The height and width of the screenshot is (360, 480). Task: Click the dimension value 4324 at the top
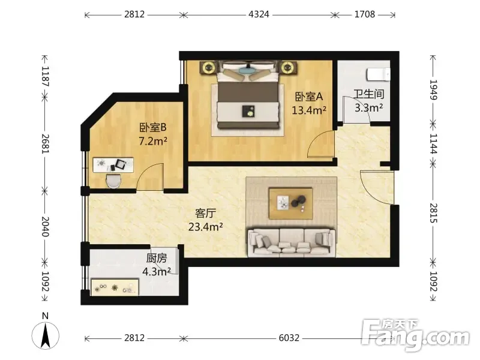(x=259, y=14)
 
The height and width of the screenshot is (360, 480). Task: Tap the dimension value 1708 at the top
(x=365, y=14)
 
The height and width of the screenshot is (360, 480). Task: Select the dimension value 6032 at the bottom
(x=289, y=338)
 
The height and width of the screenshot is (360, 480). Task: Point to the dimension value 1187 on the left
(x=45, y=76)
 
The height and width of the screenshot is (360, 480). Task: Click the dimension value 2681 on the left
(x=45, y=144)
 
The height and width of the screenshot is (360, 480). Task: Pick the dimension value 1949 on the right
(x=433, y=89)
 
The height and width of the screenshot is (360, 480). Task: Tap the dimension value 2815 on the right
(x=433, y=213)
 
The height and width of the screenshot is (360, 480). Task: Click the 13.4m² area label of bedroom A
(x=308, y=110)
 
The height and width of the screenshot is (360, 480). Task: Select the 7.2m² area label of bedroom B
(x=153, y=141)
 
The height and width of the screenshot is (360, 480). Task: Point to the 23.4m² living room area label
(x=205, y=227)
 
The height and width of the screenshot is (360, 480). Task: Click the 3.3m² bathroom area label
(x=368, y=107)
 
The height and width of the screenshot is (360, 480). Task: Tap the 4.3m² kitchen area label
(x=157, y=271)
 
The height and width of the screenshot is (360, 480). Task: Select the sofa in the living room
(x=292, y=242)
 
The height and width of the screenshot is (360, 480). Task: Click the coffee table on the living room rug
(x=291, y=203)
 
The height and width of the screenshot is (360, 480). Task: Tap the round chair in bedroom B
(x=113, y=181)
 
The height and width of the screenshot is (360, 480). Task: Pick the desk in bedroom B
(x=113, y=165)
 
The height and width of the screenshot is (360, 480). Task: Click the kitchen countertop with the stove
(x=115, y=287)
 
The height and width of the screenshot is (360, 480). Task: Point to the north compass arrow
(x=46, y=336)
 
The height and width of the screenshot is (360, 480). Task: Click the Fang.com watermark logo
(x=415, y=335)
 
